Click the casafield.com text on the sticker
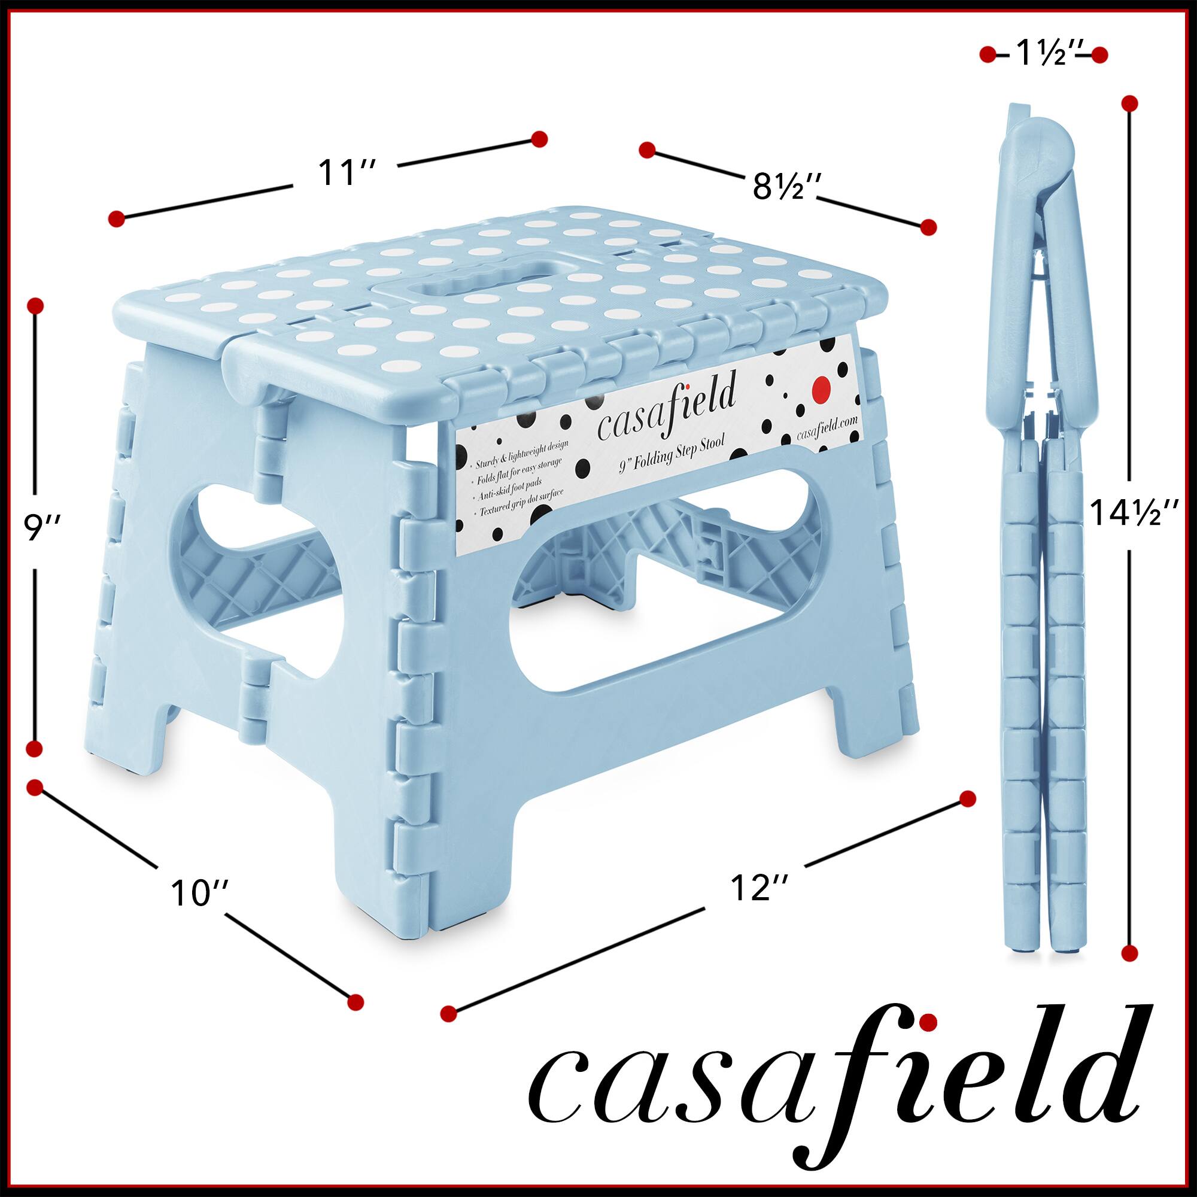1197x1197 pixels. coord(828,430)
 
